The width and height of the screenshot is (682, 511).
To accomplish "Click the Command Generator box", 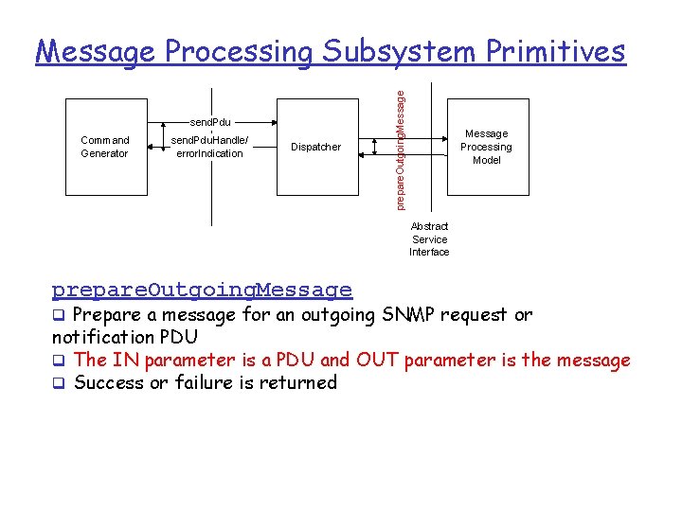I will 104,147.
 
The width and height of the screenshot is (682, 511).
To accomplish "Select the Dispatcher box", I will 315,147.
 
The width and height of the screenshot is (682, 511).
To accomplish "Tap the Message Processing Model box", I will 486,147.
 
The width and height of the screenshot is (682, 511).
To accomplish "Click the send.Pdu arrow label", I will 210,122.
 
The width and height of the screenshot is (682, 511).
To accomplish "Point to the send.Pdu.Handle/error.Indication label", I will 210,147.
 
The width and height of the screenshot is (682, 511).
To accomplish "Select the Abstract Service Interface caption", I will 429,239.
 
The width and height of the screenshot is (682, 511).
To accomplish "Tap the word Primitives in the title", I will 556,51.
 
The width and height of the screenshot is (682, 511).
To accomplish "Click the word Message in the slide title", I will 96,51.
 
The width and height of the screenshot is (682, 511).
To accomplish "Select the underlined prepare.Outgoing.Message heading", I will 202,290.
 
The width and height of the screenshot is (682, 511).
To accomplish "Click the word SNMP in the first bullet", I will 409,314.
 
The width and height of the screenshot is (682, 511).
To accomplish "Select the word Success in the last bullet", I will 109,382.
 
